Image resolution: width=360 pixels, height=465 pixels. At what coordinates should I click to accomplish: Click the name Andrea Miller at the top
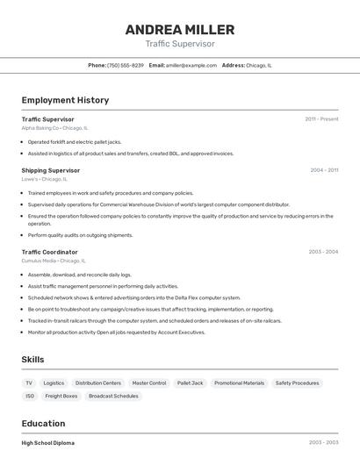point(179,29)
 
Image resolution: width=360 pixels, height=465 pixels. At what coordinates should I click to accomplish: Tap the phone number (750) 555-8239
point(126,66)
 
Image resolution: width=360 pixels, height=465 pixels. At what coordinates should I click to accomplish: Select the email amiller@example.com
point(191,66)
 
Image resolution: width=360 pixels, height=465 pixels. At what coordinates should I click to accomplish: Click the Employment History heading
point(65,101)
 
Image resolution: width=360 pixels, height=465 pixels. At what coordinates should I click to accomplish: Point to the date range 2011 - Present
point(321,119)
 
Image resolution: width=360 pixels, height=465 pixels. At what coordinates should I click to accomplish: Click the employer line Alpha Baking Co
point(53,128)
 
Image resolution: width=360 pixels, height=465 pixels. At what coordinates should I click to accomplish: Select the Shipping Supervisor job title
point(51,170)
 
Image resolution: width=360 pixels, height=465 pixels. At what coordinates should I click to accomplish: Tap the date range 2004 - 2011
point(324,170)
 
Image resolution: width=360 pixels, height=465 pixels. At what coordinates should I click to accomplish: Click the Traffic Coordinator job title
point(50,252)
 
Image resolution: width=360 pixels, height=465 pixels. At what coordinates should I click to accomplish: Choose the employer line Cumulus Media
point(54,261)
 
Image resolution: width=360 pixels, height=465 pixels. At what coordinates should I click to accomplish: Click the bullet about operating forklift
point(75,141)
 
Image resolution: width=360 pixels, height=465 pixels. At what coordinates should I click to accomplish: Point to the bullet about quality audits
point(80,235)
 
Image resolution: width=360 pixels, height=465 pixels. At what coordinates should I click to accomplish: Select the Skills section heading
point(33,360)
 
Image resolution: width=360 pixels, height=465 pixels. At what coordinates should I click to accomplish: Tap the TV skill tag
point(29,383)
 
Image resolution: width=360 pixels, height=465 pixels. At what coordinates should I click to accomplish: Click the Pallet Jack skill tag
point(190,383)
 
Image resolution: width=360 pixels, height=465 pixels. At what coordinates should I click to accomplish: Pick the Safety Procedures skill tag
point(297,383)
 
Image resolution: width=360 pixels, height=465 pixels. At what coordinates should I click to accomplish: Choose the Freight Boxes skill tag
point(61,397)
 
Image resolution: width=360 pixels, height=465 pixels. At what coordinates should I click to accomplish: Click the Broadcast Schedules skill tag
point(113,397)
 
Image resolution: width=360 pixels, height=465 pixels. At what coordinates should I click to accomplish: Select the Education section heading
point(44,424)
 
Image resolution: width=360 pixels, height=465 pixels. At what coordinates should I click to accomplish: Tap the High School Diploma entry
point(48,443)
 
